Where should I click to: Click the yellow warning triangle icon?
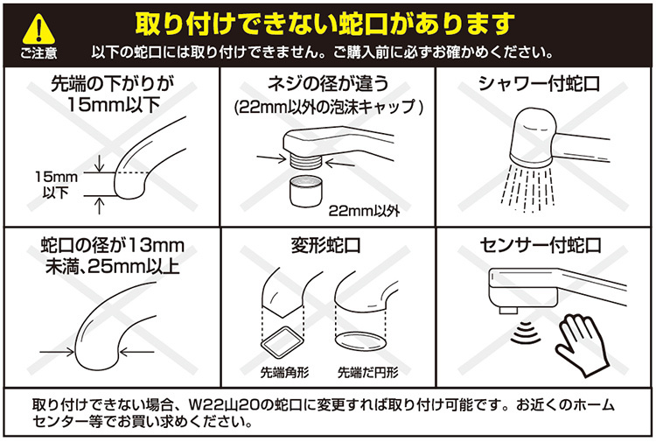coord(38,29)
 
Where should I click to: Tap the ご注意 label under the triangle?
coord(38,53)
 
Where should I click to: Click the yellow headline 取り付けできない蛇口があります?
coord(325,24)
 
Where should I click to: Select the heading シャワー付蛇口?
coord(540,84)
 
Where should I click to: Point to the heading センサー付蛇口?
coord(541,245)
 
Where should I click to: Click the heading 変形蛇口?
coord(326,245)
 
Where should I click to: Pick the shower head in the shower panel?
coord(533,137)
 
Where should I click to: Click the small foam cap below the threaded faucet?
coord(306,191)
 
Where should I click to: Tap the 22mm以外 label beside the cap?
coord(364,211)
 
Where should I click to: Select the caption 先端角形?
coord(284,372)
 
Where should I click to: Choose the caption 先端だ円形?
coord(367,372)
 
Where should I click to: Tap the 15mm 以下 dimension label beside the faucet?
coord(56,185)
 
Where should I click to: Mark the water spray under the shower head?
coord(528,187)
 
